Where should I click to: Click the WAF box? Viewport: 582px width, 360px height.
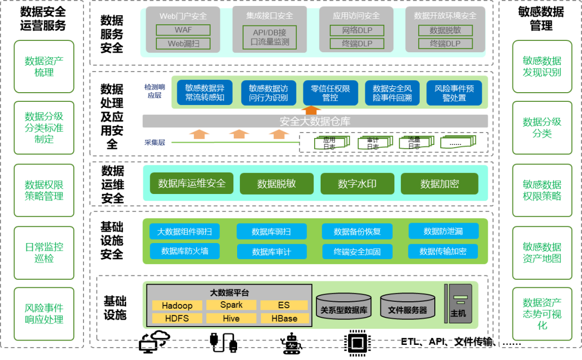pyautogui.click(x=183, y=30)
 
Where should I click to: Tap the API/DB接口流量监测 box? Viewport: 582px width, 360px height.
pyautogui.click(x=269, y=37)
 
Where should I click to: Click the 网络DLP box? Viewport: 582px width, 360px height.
pyautogui.click(x=357, y=30)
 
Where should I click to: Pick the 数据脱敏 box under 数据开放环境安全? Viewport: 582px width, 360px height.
pyautogui.click(x=445, y=30)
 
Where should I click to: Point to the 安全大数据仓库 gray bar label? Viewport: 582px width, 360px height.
pyautogui.click(x=315, y=121)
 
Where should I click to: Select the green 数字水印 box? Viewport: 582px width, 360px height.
pyautogui.click(x=357, y=184)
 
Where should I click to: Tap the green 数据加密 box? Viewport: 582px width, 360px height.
pyautogui.click(x=439, y=184)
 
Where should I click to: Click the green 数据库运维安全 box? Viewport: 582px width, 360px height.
pyautogui.click(x=191, y=183)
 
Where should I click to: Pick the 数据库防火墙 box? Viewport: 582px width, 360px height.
pyautogui.click(x=184, y=251)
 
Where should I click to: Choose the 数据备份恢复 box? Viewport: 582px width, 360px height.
pyautogui.click(x=357, y=232)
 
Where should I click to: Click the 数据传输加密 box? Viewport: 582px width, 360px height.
pyautogui.click(x=443, y=251)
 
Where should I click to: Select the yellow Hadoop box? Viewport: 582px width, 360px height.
pyautogui.click(x=177, y=306)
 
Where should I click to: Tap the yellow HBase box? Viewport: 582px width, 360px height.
pyautogui.click(x=285, y=319)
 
